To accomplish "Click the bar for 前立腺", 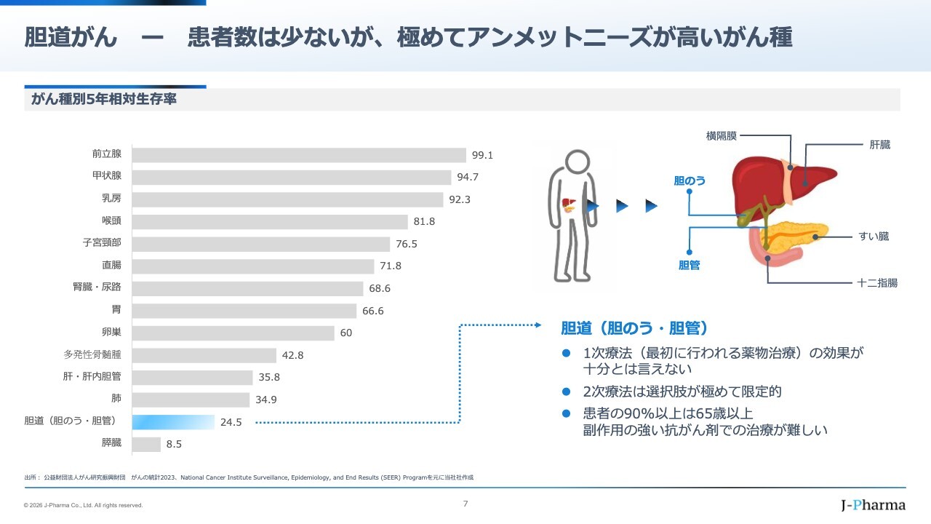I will (299, 155).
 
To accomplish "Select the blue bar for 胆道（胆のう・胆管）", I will (174, 422).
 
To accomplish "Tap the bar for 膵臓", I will (147, 444).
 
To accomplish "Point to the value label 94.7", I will (468, 177).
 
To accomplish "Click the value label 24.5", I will (231, 421).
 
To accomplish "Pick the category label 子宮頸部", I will (102, 243).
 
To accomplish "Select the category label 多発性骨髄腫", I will (92, 355).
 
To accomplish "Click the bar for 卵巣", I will (233, 333).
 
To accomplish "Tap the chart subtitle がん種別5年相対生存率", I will (104, 100).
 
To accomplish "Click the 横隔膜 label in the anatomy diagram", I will (722, 135).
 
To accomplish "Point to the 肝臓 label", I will (879, 145).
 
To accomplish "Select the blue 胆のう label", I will (690, 180).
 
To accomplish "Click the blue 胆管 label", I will (689, 266).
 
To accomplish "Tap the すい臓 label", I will (874, 237).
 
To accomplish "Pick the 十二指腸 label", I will (877, 282).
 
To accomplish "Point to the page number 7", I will (465, 503).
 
